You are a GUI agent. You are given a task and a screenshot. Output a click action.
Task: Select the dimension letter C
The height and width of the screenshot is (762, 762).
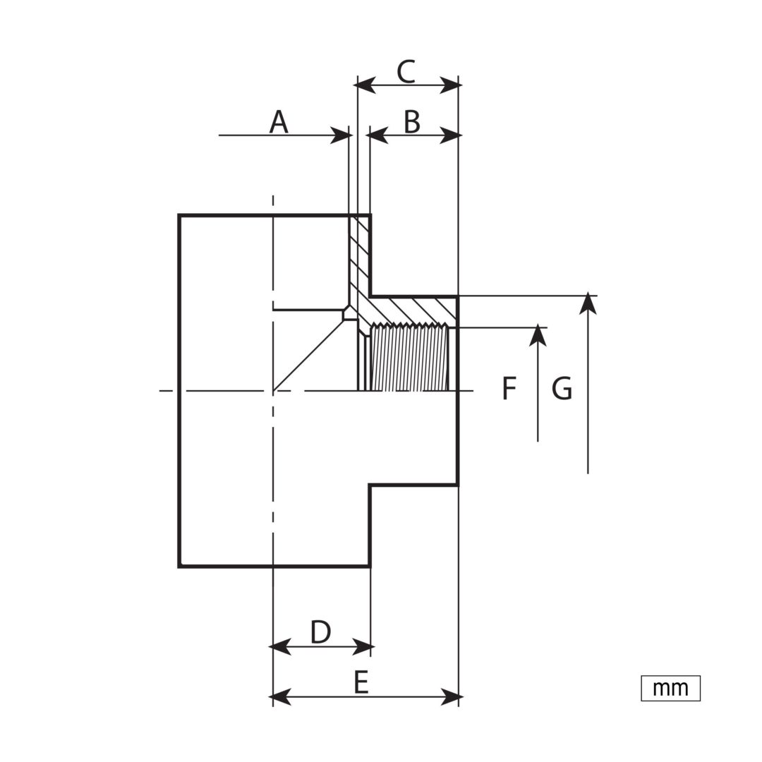tap(406, 71)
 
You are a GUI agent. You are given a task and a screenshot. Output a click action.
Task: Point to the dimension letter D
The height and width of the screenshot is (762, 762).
tap(321, 631)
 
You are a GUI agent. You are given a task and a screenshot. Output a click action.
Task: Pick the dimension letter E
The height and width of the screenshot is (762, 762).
tap(361, 682)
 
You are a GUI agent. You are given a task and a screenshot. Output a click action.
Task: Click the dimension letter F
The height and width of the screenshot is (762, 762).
tap(508, 388)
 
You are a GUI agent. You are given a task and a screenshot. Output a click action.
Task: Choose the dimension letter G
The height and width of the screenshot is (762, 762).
tap(562, 388)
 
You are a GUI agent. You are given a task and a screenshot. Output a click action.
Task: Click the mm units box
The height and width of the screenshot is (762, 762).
tap(671, 688)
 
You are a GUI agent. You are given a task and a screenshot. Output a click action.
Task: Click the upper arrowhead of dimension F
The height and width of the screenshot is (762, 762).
tap(538, 335)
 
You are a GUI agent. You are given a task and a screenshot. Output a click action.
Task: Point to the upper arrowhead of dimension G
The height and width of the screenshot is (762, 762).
tap(588, 303)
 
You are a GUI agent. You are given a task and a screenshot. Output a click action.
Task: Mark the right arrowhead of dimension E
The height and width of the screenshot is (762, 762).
tap(451, 697)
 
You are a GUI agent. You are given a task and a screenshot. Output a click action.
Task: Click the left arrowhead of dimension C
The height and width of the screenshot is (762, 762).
tap(365, 86)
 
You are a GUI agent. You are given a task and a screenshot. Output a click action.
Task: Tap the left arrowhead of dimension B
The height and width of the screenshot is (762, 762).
tap(377, 135)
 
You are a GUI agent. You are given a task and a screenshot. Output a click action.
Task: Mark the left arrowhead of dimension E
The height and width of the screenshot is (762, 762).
tap(280, 697)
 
